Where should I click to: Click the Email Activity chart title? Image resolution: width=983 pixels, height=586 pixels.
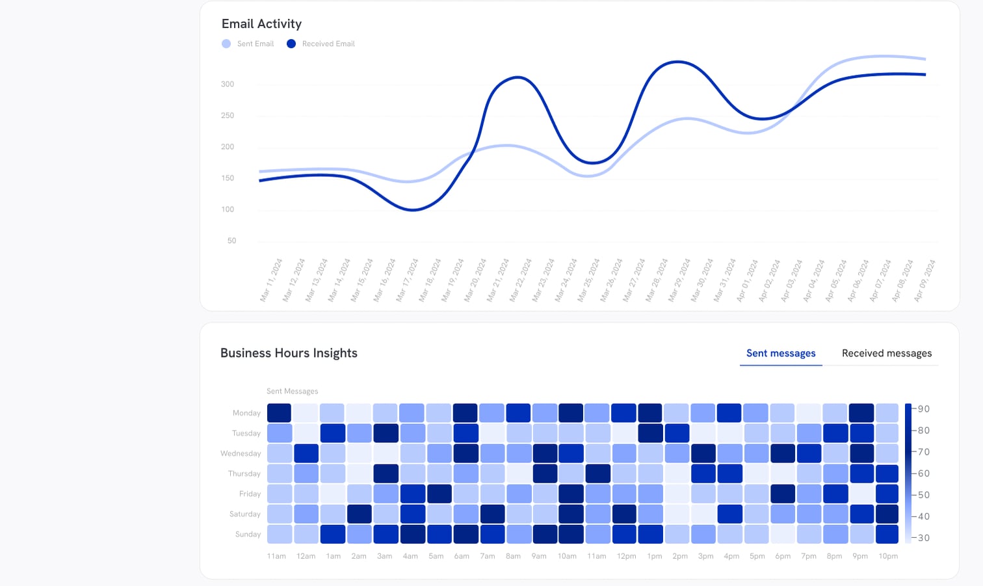pos(261,24)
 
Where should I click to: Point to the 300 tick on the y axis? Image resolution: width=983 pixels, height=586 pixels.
pos(228,84)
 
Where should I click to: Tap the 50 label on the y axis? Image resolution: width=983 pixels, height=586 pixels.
pos(231,241)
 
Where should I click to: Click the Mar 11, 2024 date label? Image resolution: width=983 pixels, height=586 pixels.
pos(271,280)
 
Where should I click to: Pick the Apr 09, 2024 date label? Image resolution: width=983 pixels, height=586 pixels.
pos(924,280)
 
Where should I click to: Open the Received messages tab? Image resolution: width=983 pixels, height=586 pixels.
pos(886,353)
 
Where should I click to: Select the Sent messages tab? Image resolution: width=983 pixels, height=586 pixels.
pos(781,353)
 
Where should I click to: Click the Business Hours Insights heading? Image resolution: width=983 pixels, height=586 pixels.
pos(289,353)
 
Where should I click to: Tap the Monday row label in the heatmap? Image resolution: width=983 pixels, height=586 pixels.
pos(246,413)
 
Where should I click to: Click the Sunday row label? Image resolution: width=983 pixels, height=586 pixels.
pos(248,534)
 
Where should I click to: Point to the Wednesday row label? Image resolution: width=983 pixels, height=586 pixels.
pos(241,453)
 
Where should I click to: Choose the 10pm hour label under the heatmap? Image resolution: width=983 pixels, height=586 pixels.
pos(887,556)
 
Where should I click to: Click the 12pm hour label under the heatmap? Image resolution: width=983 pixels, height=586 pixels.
pos(626,556)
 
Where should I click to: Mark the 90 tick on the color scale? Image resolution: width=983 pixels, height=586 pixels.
pos(923,409)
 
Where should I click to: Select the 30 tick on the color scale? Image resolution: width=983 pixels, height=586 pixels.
pos(923,538)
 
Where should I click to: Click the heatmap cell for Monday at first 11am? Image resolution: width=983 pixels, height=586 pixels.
pos(279,413)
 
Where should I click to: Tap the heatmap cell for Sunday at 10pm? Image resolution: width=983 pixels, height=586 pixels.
pos(887,534)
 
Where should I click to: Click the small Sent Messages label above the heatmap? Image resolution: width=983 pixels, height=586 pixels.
pos(292,391)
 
